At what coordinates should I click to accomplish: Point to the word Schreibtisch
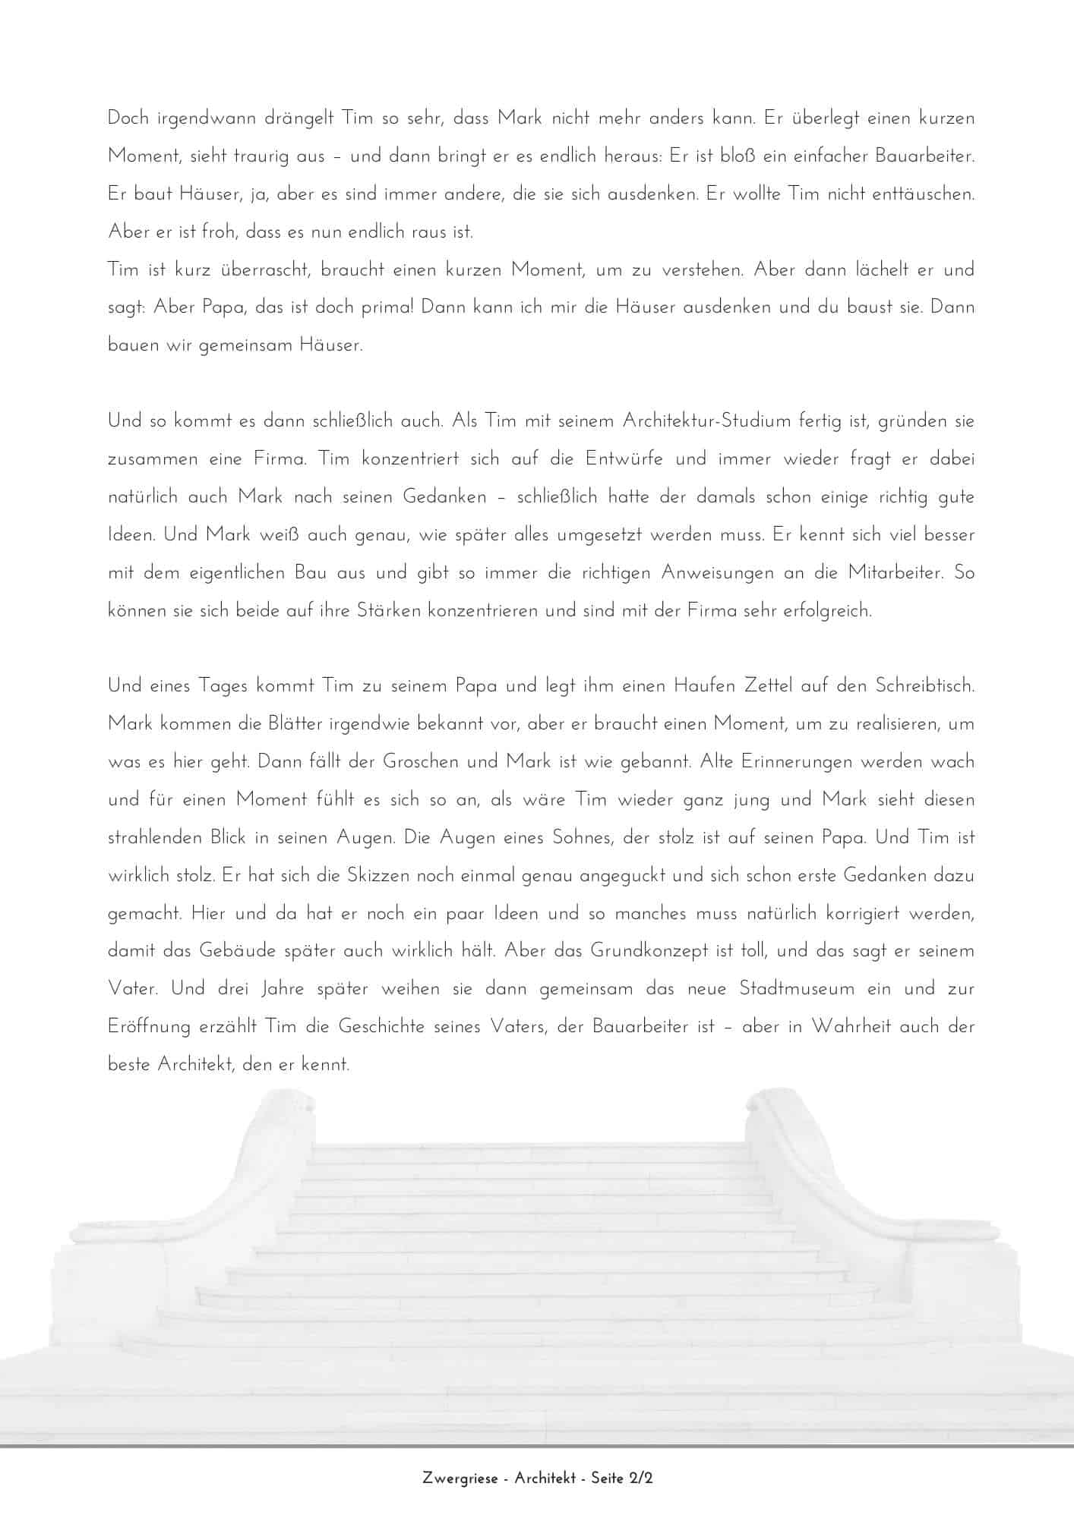(924, 685)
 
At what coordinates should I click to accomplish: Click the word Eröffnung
(149, 1027)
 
